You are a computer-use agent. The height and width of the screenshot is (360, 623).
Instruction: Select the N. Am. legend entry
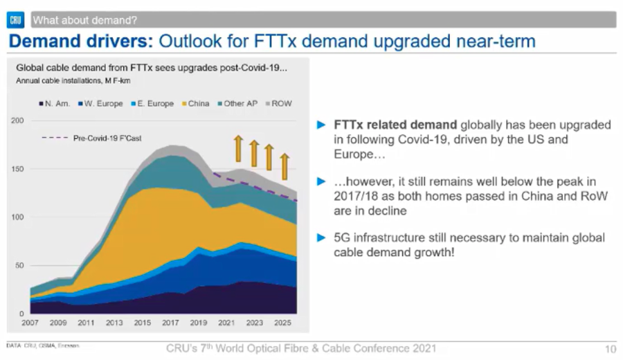(55, 103)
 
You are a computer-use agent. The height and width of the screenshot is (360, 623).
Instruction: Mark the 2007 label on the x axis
(30, 323)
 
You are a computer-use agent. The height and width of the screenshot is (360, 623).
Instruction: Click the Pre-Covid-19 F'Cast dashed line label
(107, 138)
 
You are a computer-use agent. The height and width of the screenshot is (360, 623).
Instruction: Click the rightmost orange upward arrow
(284, 166)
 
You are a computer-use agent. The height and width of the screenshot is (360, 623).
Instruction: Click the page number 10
(610, 349)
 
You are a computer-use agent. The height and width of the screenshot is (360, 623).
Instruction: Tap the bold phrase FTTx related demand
(395, 125)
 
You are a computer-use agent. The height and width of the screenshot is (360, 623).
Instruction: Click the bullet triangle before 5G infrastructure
(320, 237)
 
